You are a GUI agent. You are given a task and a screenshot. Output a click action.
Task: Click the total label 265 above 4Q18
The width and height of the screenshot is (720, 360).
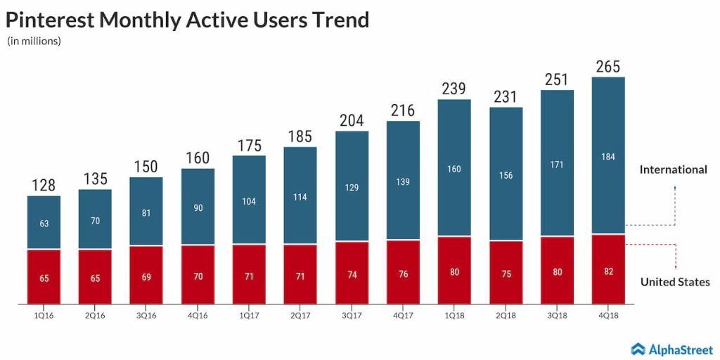coord(609,67)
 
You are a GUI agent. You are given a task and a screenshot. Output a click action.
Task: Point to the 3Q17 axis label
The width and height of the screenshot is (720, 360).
coord(352,316)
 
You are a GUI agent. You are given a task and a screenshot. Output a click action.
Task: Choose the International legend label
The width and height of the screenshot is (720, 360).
coord(673,169)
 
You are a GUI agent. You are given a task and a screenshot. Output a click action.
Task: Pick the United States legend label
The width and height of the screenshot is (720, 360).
coord(675,282)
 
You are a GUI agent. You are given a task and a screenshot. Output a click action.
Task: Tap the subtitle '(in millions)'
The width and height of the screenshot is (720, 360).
coord(34,41)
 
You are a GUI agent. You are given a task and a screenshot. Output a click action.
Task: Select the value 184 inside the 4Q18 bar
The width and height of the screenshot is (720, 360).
coord(609,157)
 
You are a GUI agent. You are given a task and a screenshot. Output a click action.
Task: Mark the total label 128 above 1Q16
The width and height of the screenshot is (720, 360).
coord(44,186)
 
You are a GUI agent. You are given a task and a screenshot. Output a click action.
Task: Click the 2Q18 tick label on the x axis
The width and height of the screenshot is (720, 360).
coord(506,316)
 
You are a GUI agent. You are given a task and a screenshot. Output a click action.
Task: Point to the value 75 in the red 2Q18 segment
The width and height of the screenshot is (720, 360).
coord(506,273)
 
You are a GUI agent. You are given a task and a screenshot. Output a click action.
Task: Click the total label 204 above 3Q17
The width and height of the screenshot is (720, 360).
coord(352,121)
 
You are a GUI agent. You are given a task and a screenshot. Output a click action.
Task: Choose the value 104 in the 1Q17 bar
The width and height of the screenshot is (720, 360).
coord(249,201)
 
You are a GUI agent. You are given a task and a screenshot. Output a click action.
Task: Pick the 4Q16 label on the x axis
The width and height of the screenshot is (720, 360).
coord(198,316)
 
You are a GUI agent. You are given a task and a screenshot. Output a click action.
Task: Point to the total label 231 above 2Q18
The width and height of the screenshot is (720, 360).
coord(506,97)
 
